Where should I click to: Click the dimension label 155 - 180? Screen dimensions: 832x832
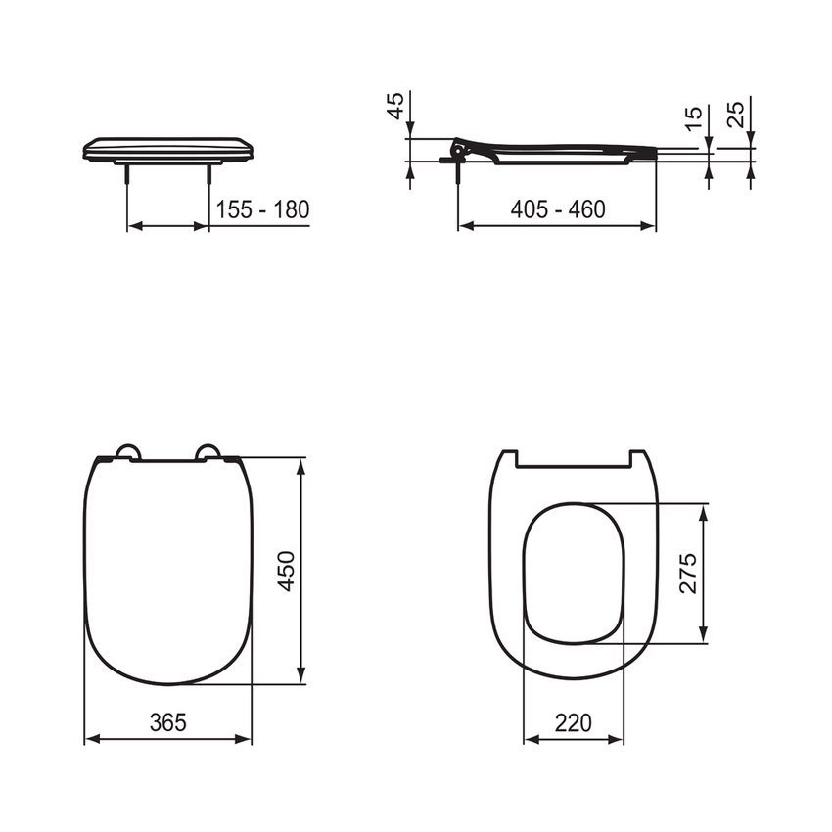pos(262,209)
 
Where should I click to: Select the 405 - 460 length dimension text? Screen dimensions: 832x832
pos(558,209)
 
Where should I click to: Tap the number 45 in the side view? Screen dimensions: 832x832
pos(396,106)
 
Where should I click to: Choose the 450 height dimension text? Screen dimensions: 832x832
pos(286,570)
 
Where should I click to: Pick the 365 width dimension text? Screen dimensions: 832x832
pos(167,723)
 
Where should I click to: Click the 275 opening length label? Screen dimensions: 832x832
pos(688,574)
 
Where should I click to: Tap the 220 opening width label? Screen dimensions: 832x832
pos(574,723)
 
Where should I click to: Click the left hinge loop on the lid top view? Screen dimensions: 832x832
pos(127,451)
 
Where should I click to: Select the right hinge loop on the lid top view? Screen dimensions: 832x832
pos(208,451)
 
